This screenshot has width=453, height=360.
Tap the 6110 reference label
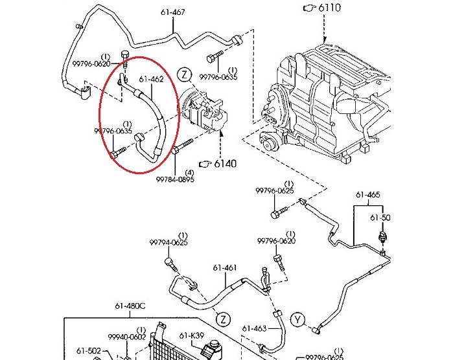coord(332,8)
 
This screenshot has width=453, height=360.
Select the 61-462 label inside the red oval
coord(150,80)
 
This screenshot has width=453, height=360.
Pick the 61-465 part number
coord(367,194)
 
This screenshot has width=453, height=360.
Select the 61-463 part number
coord(254,328)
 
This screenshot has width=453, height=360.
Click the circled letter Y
coord(298,319)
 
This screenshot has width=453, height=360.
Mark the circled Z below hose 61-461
coord(223,319)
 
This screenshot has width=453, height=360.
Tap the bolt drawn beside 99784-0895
coord(183,146)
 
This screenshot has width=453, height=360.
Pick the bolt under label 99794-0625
coord(170,264)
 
